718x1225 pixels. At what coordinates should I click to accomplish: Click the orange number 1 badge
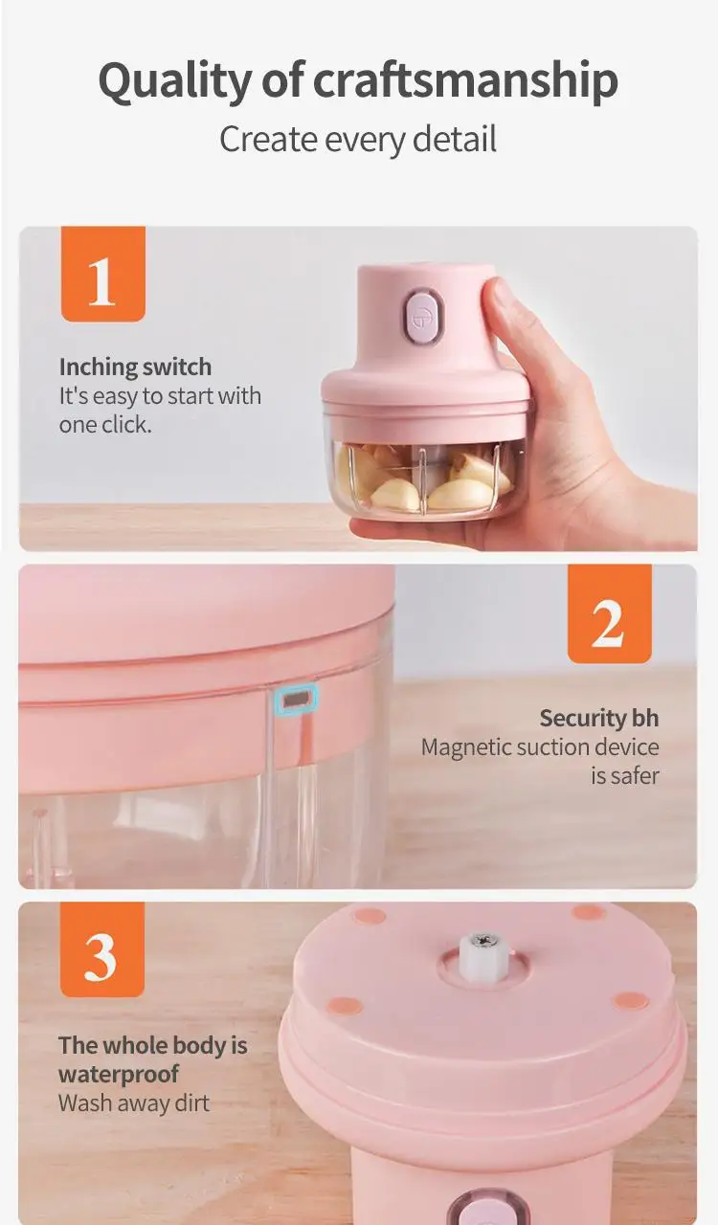pyautogui.click(x=102, y=275)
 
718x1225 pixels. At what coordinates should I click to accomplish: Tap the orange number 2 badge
pyautogui.click(x=609, y=613)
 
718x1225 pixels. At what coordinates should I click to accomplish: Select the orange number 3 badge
pyautogui.click(x=102, y=950)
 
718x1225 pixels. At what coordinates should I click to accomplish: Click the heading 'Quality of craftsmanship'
pyautogui.click(x=358, y=80)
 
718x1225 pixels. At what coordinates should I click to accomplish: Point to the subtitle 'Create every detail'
pyautogui.click(x=358, y=140)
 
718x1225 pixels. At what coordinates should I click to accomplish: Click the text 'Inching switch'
pyautogui.click(x=135, y=367)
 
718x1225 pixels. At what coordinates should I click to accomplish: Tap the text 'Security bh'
pyautogui.click(x=598, y=719)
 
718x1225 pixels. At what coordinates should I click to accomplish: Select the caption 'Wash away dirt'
pyautogui.click(x=133, y=1102)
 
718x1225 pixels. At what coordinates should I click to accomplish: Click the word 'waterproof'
pyautogui.click(x=119, y=1074)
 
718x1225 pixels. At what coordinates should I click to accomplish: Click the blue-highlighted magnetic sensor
pyautogui.click(x=295, y=700)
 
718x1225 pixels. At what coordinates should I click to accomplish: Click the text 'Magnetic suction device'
pyautogui.click(x=540, y=747)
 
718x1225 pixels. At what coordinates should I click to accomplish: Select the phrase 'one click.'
pyautogui.click(x=105, y=425)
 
